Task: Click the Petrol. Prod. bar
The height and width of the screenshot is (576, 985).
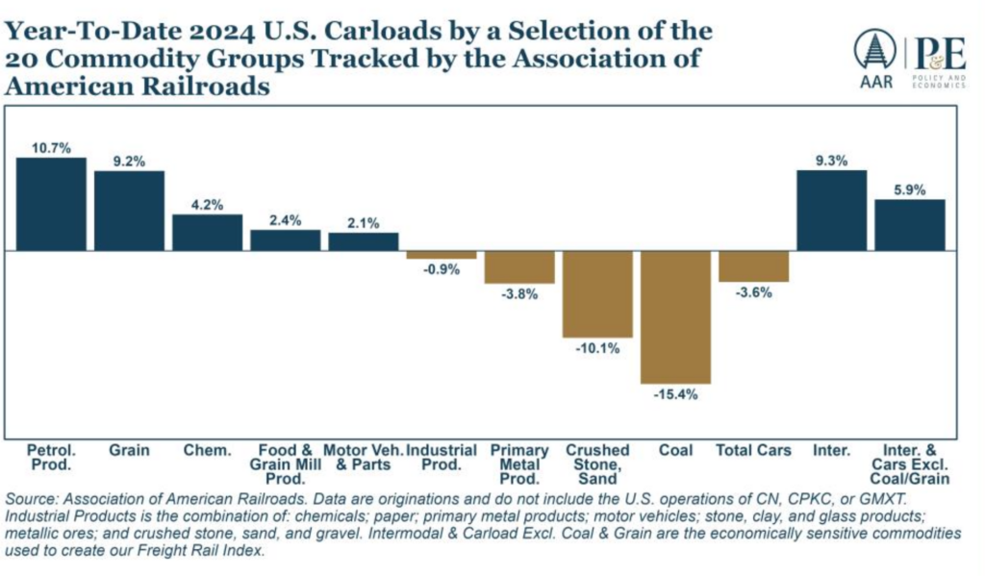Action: click(51, 204)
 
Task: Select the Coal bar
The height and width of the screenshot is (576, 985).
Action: click(675, 317)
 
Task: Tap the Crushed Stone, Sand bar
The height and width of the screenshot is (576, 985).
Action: click(597, 294)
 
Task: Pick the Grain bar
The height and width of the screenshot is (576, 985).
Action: click(129, 211)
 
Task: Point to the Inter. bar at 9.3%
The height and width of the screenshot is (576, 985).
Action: click(831, 211)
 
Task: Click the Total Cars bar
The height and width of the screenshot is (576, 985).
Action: click(754, 266)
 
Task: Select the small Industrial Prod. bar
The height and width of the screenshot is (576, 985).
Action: click(441, 255)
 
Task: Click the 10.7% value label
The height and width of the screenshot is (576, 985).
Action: click(51, 147)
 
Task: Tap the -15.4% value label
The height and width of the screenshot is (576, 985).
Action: click(675, 395)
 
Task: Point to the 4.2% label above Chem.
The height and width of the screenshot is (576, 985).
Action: click(207, 204)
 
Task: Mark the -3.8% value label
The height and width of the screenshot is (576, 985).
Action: click(519, 294)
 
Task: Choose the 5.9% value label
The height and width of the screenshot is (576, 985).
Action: click(909, 189)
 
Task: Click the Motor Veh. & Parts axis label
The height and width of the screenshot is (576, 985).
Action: click(363, 458)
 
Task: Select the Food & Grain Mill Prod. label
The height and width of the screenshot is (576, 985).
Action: click(285, 464)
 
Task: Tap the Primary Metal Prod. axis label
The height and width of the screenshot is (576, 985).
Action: click(519, 464)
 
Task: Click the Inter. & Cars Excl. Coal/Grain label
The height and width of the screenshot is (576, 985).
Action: click(909, 464)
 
